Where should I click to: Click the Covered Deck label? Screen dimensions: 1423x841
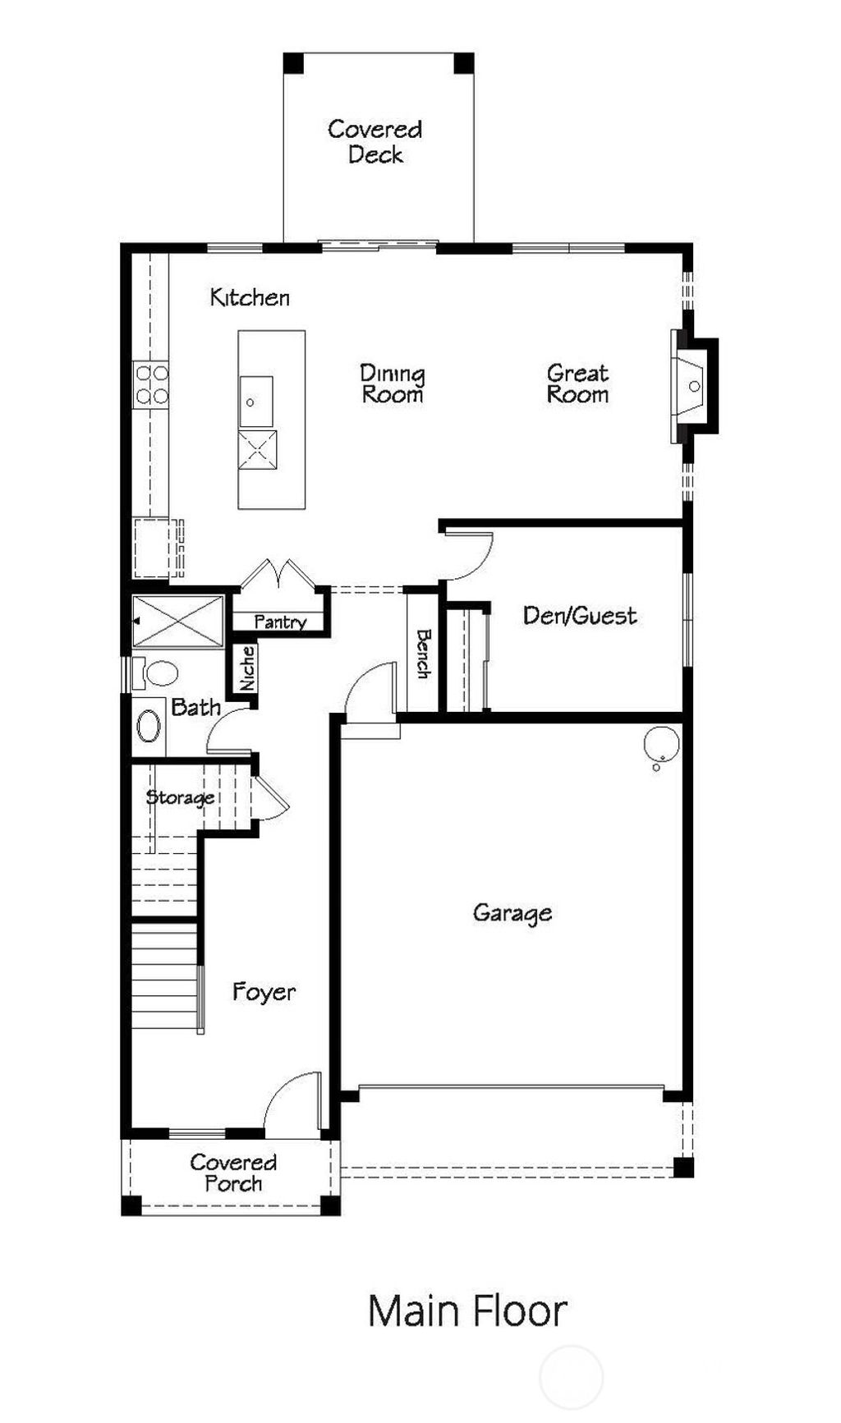click(x=375, y=141)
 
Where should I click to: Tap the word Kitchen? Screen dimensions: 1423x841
click(x=250, y=297)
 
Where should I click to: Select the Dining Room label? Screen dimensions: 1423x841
click(x=393, y=384)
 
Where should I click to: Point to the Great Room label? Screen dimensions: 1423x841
click(x=577, y=384)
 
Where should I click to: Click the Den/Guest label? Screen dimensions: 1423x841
click(x=580, y=616)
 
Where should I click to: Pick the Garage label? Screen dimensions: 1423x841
click(x=512, y=913)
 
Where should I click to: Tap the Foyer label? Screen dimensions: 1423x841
click(x=264, y=992)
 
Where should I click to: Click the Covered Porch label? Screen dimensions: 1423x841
click(x=233, y=1173)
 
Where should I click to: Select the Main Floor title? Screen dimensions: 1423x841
click(x=467, y=1311)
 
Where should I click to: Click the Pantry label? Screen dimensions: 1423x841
click(x=280, y=622)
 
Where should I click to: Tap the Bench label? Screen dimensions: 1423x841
click(x=423, y=654)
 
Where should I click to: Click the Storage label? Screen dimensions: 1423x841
click(x=180, y=797)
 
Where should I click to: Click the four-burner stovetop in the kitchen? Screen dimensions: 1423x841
click(x=151, y=385)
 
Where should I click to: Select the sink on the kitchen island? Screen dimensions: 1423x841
click(x=255, y=402)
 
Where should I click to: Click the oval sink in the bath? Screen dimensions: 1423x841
click(x=149, y=727)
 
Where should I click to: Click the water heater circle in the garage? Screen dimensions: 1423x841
click(x=661, y=745)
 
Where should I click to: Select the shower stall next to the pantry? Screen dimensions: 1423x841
click(x=178, y=621)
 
